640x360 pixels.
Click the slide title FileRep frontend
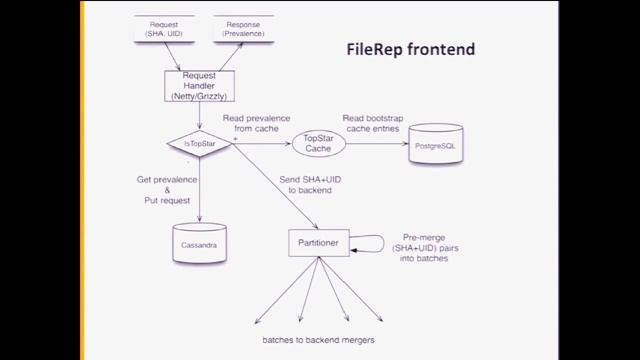[410, 48]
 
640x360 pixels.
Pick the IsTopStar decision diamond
[200, 144]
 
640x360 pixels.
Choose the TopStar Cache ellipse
[317, 144]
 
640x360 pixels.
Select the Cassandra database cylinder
[200, 242]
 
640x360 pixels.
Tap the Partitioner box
[319, 242]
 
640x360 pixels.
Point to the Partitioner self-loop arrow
[372, 241]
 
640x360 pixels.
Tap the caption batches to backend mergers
[319, 340]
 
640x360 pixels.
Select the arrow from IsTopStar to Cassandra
[200, 190]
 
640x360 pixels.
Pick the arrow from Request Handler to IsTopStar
[200, 115]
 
